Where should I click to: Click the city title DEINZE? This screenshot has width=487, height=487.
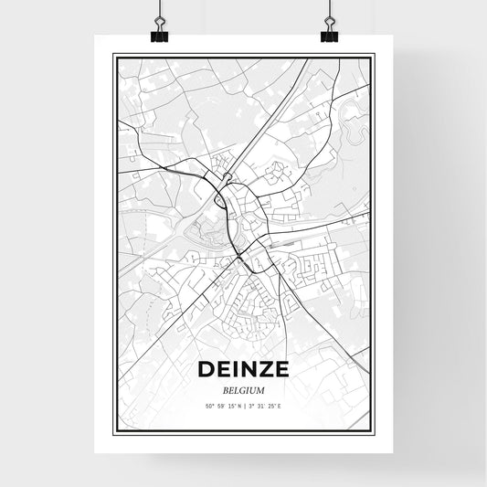click(x=243, y=370)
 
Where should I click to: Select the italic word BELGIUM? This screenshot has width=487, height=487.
click(x=243, y=387)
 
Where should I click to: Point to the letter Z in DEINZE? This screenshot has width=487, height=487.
click(x=265, y=370)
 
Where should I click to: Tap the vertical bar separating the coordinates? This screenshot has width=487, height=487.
click(x=245, y=405)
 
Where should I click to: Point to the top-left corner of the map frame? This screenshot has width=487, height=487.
click(x=113, y=56)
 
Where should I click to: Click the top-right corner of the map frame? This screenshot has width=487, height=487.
click(x=374, y=56)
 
